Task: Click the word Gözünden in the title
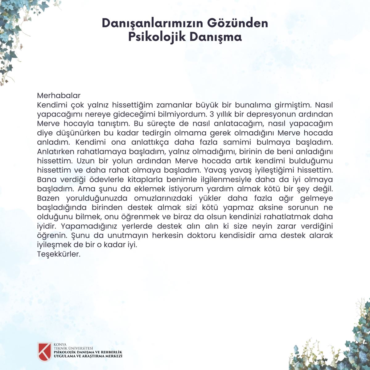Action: pos(237,23)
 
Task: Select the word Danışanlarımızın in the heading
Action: pos(152,23)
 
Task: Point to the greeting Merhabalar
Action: pos(59,96)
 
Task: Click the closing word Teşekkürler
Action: pos(59,254)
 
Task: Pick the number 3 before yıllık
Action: pos(212,114)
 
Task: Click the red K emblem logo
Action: pos(44,351)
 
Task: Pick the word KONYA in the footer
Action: pos(60,345)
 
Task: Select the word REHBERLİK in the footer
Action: pos(111,352)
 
